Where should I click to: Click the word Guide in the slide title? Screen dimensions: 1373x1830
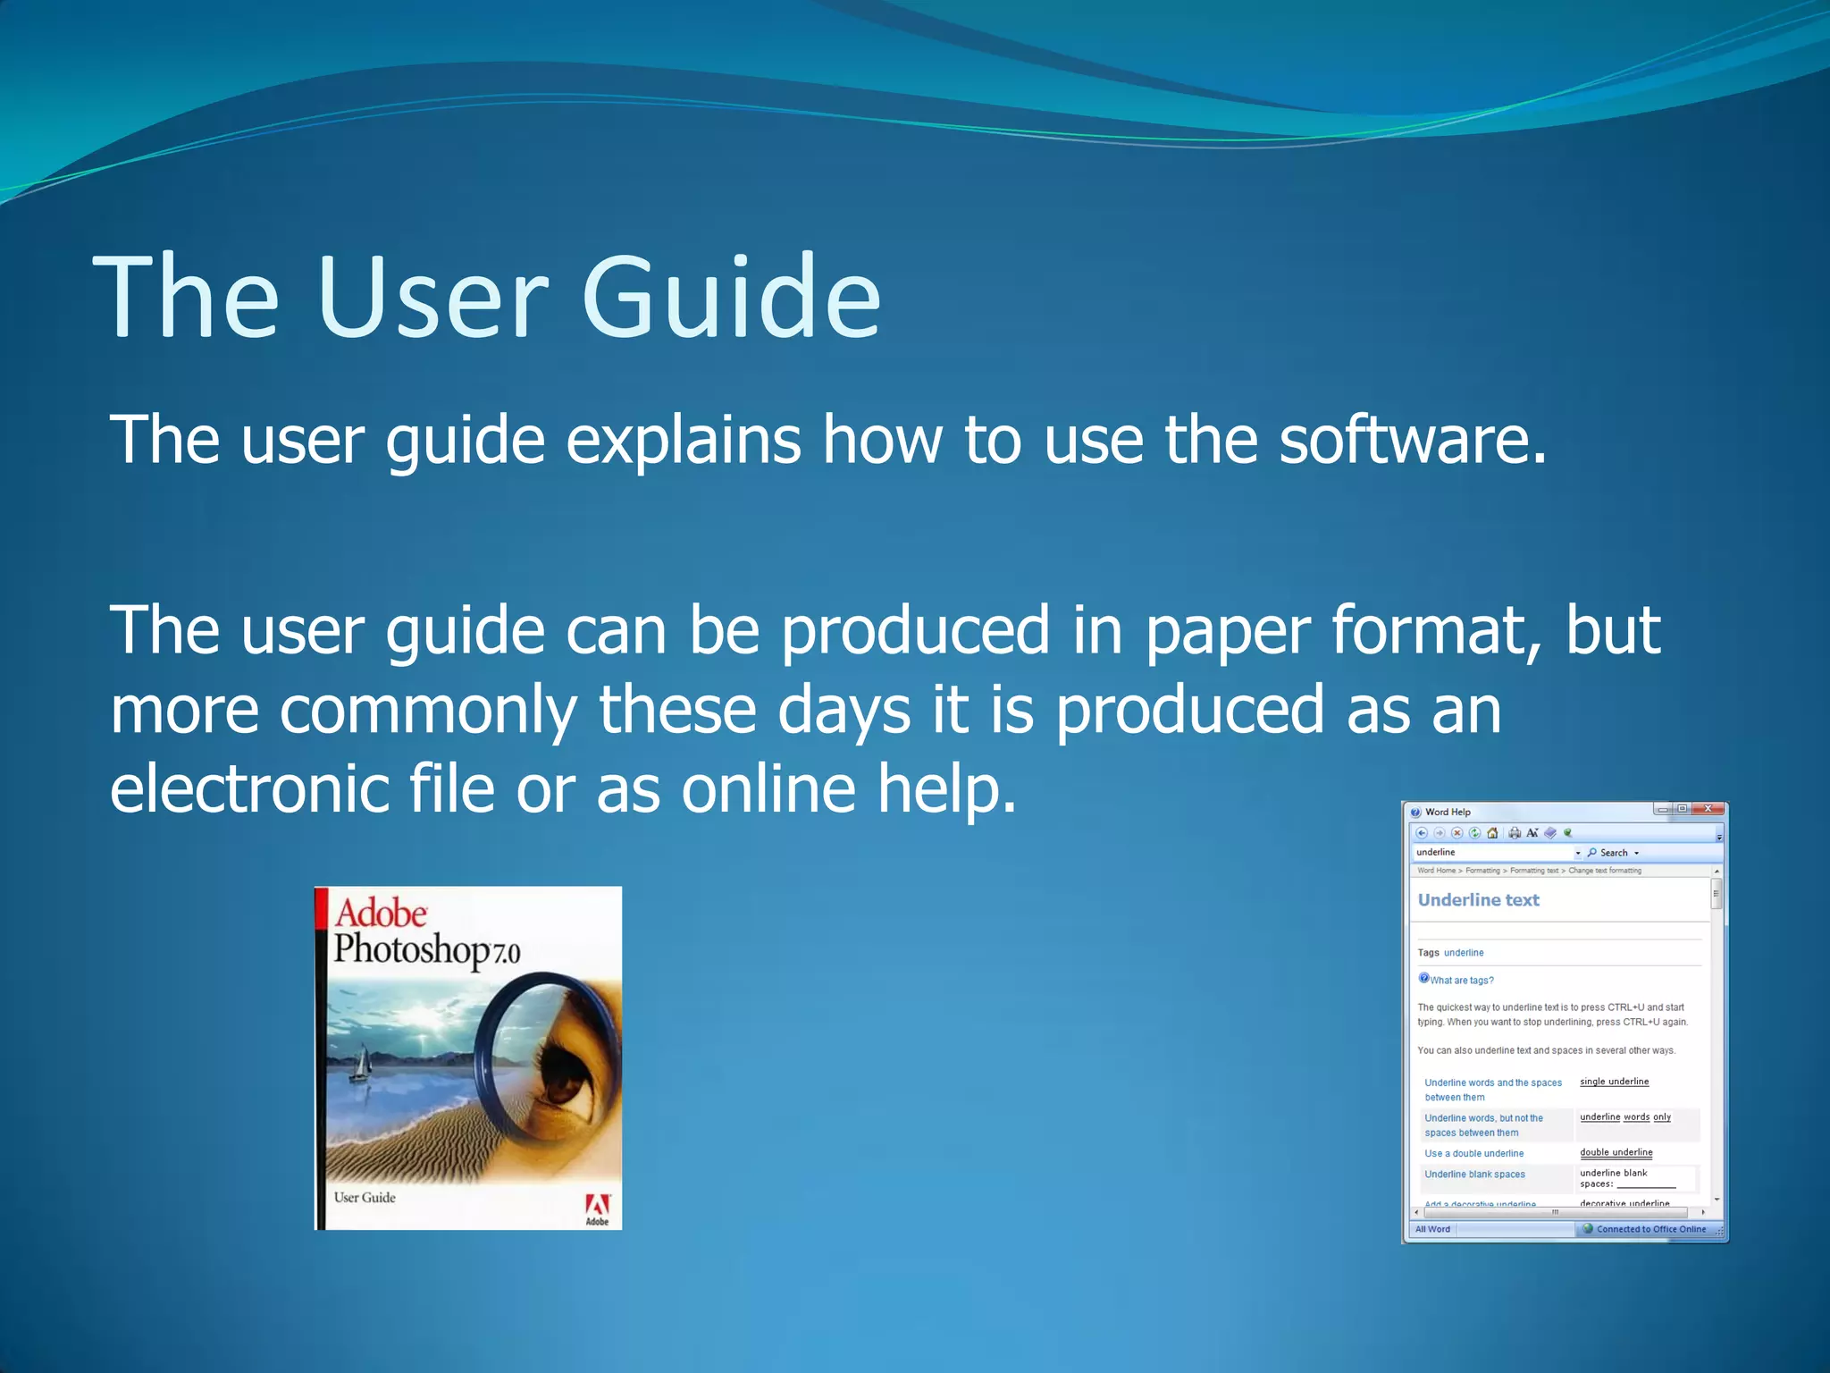(x=731, y=297)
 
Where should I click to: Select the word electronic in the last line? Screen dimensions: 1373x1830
(x=248, y=788)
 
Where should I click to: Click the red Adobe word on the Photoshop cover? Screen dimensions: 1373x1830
(x=381, y=914)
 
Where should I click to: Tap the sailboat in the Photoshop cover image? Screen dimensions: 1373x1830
(x=360, y=1066)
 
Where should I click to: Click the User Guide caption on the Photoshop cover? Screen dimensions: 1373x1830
(x=365, y=1198)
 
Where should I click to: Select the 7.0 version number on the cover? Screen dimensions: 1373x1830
(x=506, y=954)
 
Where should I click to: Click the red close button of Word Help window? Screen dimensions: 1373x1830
(x=1708, y=809)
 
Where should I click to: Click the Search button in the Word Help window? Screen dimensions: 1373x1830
(x=1613, y=853)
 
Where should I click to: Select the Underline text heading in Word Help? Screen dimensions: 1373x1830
(x=1478, y=900)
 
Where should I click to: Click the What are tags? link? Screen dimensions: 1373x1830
(x=1461, y=981)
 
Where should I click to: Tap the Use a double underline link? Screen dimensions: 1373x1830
(x=1473, y=1154)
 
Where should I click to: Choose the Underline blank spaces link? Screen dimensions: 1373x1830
(x=1474, y=1175)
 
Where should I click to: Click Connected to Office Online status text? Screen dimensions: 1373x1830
(x=1650, y=1229)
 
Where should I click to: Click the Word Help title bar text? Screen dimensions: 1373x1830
(x=1448, y=812)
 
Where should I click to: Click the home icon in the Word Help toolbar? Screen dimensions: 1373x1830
(x=1491, y=833)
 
